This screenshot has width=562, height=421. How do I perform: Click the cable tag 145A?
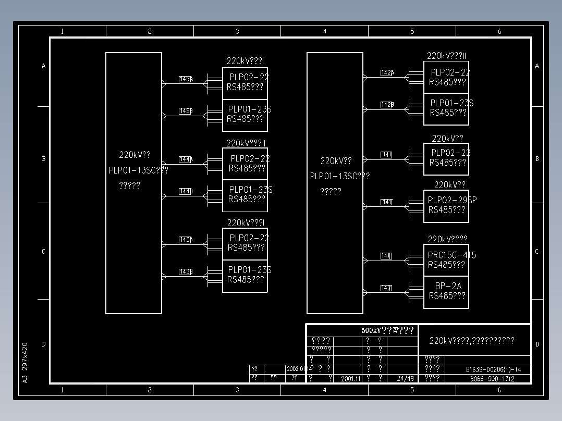186,79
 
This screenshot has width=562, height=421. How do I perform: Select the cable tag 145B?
186,111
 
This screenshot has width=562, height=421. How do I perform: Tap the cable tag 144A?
186,159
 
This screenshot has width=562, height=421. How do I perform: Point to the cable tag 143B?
186,272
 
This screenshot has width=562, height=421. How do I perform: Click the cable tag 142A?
387,73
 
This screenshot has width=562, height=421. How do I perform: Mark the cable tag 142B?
387,105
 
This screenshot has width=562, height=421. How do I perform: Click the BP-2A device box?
446,293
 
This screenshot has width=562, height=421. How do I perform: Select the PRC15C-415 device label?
451,255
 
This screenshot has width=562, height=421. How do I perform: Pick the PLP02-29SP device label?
452,200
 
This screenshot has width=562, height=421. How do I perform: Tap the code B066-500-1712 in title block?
492,379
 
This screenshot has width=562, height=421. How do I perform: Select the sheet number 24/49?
405,379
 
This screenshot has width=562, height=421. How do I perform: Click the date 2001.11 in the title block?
351,379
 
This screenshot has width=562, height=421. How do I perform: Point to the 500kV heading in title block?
387,330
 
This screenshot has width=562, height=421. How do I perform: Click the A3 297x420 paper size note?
25,362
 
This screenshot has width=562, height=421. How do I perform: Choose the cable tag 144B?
186,192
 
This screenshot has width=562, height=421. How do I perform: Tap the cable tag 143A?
186,240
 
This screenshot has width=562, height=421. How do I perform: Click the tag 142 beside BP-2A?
386,288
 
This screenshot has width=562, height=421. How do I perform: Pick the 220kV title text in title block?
472,341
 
